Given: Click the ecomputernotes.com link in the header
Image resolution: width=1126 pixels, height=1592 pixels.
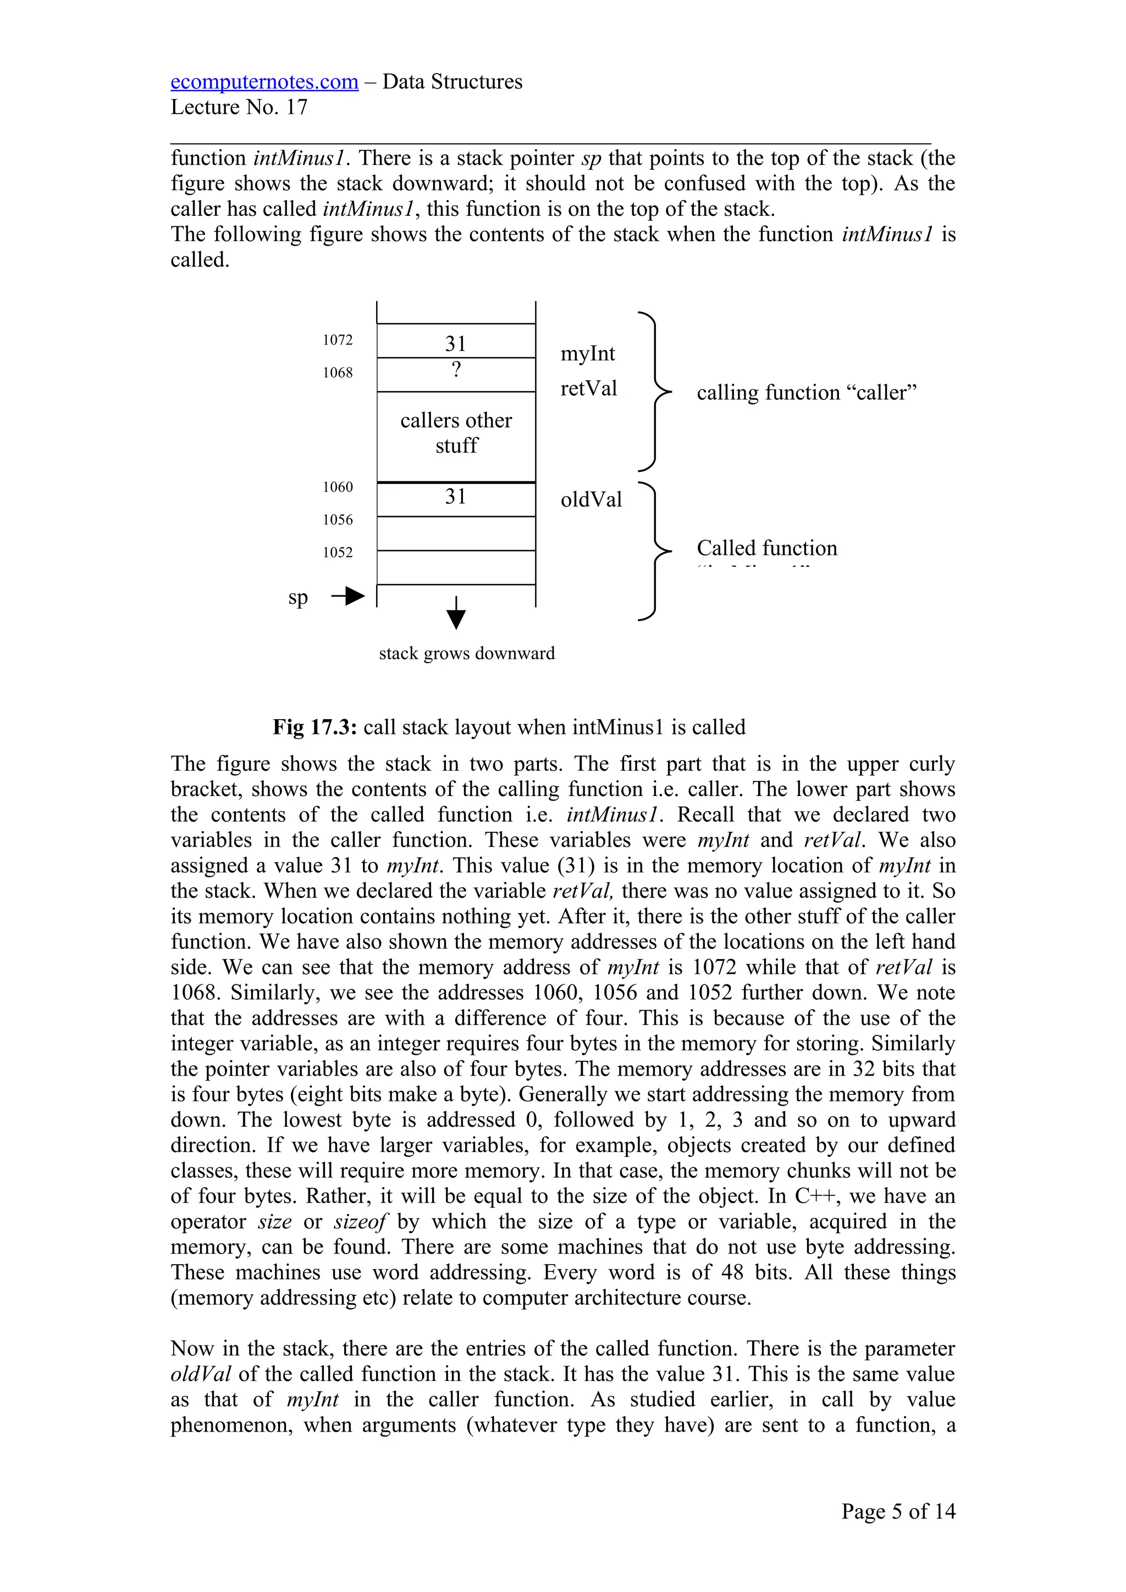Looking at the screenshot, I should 264,82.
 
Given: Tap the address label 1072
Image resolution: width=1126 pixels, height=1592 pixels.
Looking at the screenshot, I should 338,339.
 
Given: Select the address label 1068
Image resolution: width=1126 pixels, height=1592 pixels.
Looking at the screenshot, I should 338,372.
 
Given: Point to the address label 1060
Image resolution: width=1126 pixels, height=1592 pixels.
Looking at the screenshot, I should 338,487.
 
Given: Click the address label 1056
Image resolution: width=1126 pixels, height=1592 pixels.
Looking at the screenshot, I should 338,519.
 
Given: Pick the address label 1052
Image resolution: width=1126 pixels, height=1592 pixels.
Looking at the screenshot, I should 338,552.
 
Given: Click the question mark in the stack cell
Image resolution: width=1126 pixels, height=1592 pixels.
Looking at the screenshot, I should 456,370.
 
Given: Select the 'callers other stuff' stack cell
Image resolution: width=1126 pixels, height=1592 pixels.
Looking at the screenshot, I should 456,433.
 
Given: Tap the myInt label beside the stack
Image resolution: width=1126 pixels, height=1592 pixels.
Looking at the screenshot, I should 588,354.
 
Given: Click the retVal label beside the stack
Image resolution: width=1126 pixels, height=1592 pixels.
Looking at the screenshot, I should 588,388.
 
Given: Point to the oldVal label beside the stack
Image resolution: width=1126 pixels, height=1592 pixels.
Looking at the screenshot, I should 591,499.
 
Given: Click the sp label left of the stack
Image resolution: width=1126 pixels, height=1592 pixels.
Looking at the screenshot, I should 297,597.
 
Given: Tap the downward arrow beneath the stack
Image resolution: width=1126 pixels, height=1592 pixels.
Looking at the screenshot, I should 456,613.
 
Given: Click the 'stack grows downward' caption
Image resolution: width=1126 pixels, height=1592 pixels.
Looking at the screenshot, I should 467,653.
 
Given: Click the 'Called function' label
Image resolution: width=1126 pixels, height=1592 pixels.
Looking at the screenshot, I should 766,548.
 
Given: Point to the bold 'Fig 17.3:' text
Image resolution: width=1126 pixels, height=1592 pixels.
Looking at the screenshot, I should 315,727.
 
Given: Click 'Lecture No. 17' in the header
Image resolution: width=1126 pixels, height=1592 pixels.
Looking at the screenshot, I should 239,108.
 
